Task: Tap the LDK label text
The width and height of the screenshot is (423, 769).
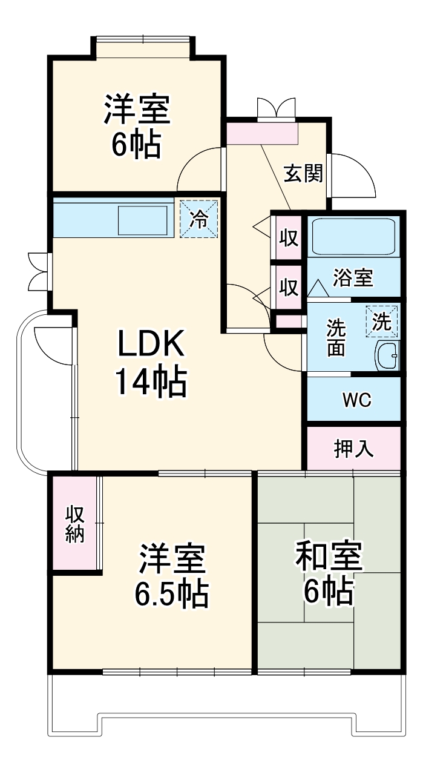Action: [150, 346]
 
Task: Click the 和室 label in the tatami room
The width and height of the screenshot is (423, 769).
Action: [329, 557]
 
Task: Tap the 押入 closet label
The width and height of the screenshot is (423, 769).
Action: [354, 449]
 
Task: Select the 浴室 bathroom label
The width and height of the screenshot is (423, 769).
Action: [353, 279]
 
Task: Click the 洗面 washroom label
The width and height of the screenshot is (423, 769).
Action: [336, 337]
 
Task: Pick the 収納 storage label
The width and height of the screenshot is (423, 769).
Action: [76, 524]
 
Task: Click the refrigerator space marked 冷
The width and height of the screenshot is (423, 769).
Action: [198, 219]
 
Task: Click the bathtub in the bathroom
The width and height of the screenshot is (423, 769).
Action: [353, 236]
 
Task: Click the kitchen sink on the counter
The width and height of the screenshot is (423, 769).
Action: [142, 220]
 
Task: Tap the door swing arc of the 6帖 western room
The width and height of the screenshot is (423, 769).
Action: [200, 170]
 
